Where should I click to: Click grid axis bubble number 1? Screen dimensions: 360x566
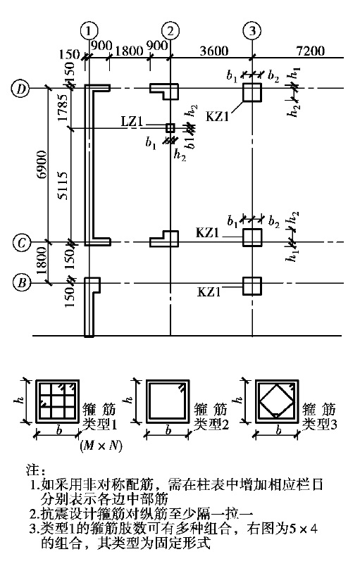point(89,31)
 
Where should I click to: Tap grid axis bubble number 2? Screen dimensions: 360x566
point(170,31)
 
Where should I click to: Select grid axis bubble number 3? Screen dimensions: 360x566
point(252,31)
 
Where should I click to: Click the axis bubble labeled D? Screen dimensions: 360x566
point(21,89)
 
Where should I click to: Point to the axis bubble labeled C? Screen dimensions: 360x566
point(21,242)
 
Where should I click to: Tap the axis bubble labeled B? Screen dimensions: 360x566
point(21,282)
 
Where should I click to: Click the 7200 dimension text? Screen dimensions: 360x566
point(310,51)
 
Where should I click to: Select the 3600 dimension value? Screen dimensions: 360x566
point(213,51)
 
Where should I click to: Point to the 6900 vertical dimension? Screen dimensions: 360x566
point(42,165)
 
